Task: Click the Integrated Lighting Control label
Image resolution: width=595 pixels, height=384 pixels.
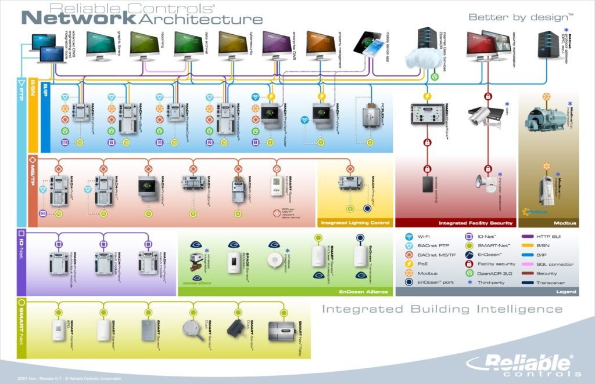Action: pos(354,223)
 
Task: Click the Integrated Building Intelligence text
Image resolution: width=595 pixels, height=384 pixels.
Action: pos(435,309)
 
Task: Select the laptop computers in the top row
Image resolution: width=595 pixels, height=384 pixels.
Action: pos(49,48)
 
